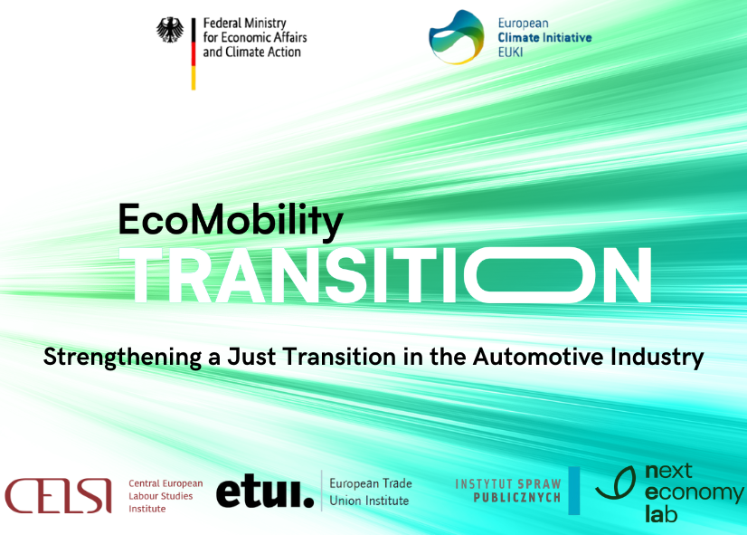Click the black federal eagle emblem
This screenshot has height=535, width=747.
point(170,30)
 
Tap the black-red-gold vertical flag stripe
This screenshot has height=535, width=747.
point(194,54)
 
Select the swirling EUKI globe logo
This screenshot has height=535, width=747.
point(457,37)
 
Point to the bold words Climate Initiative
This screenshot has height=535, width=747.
point(544,38)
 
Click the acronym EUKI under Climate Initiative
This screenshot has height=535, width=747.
point(510,52)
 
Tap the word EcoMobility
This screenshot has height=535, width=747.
point(231,219)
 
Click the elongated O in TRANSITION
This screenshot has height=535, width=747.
point(530,275)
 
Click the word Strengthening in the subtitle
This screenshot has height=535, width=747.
point(122,358)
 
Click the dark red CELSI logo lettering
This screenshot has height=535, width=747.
point(58,496)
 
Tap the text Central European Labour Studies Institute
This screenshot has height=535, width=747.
point(165,496)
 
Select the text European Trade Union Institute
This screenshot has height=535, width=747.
point(371,492)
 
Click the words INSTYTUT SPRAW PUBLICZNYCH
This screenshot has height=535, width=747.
point(508,491)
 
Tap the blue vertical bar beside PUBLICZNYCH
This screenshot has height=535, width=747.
point(574,491)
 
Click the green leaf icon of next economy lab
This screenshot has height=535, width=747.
point(616,482)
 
